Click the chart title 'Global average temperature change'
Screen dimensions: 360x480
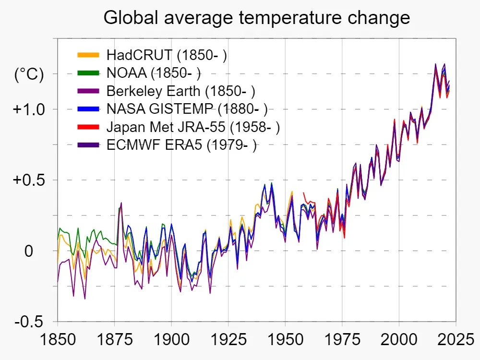click(x=257, y=18)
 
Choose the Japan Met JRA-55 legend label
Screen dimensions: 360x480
click(x=193, y=127)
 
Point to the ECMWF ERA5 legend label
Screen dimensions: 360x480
click(x=181, y=145)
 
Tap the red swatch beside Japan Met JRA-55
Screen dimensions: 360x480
click(x=88, y=127)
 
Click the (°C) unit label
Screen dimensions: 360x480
click(x=29, y=74)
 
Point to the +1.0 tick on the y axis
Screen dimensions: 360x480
click(x=28, y=109)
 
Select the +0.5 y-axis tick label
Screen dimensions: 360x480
click(x=28, y=180)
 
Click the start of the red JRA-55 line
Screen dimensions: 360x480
click(x=304, y=193)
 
